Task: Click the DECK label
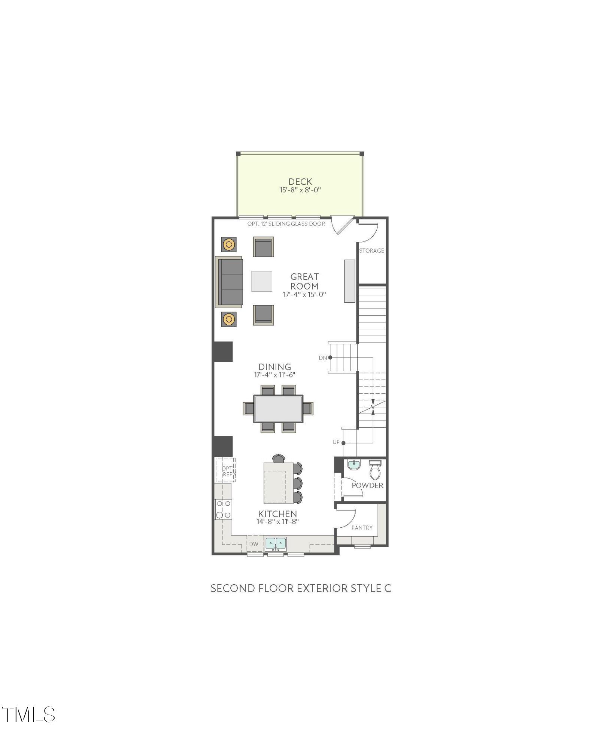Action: [300, 182]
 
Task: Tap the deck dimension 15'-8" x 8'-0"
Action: [300, 190]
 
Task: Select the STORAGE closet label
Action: [371, 251]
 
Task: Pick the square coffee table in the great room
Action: [262, 281]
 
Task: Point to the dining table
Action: [278, 409]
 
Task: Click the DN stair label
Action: [323, 358]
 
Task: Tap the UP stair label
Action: [336, 442]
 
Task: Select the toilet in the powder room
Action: [375, 470]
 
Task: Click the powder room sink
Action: [354, 465]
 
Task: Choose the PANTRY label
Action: [362, 528]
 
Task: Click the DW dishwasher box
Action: [254, 544]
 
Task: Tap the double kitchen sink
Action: [276, 543]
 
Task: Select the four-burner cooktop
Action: [223, 509]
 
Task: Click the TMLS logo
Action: [28, 715]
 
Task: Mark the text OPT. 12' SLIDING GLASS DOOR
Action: [286, 224]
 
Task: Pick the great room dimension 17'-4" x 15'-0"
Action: [304, 294]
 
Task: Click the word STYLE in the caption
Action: [366, 588]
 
